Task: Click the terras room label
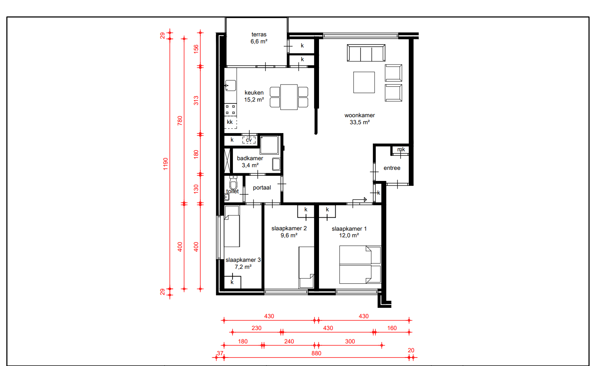click(x=259, y=38)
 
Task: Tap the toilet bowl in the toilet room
click(x=233, y=184)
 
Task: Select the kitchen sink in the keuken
click(x=231, y=85)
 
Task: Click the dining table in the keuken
click(x=289, y=97)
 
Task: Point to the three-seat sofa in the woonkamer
click(x=366, y=53)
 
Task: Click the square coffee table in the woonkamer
click(x=364, y=82)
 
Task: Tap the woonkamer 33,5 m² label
click(x=359, y=119)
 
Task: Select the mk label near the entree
click(x=401, y=149)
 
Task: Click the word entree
click(x=392, y=168)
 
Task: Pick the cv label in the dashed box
click(x=249, y=140)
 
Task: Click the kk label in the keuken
click(x=230, y=122)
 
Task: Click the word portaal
click(x=262, y=188)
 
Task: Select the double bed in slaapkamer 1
click(x=360, y=264)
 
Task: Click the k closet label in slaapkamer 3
click(x=232, y=282)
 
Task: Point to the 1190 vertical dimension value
click(x=165, y=164)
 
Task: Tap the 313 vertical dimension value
click(x=196, y=100)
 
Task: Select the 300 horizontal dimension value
click(x=350, y=342)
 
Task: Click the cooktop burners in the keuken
click(x=230, y=110)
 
